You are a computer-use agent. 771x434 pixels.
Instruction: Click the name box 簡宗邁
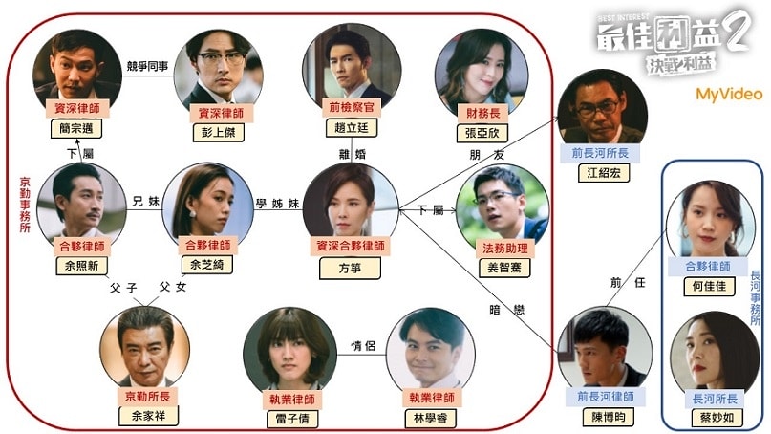(75, 129)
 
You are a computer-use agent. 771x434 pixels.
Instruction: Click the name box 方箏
(351, 269)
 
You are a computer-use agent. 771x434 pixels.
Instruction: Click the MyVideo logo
(728, 94)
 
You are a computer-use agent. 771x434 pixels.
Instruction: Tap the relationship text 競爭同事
(149, 65)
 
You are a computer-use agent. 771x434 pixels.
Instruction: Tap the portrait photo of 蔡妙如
(708, 352)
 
